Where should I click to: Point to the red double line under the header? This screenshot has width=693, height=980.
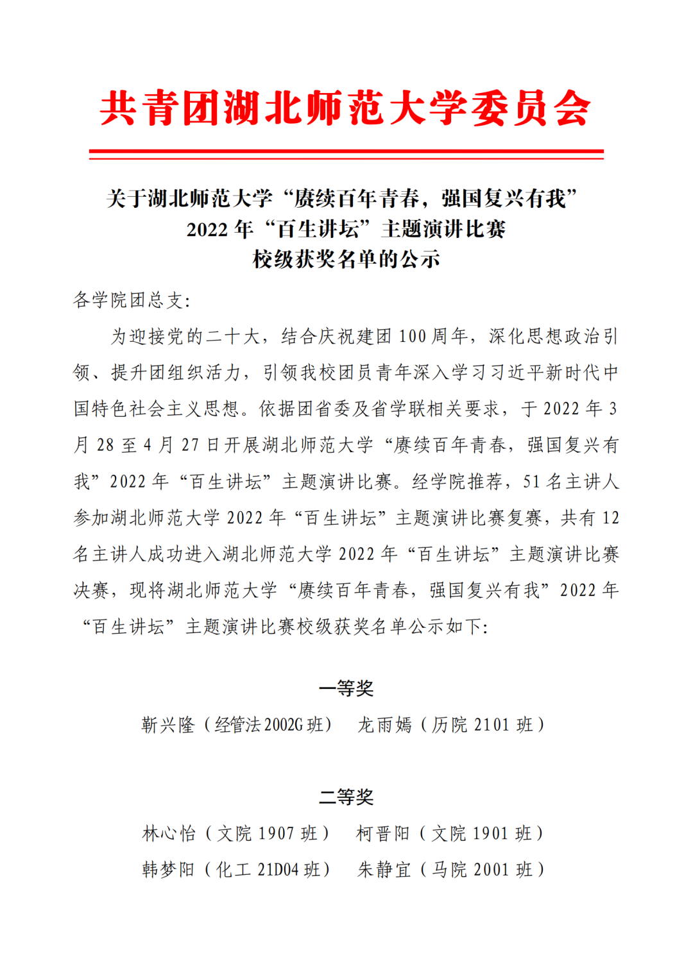tap(346, 154)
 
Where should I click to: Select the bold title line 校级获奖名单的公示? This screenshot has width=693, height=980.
tap(346, 259)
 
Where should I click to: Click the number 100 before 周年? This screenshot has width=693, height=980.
tap(413, 336)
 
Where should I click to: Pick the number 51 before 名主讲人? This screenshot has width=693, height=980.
tap(531, 481)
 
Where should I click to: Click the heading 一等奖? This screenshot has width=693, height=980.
tap(346, 688)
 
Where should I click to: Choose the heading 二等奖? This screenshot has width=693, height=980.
tap(346, 797)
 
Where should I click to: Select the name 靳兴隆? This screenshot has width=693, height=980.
tap(168, 725)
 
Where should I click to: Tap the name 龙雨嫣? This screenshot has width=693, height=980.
tap(384, 725)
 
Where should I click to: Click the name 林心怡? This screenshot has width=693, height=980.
tap(169, 833)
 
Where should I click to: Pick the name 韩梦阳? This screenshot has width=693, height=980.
tap(168, 870)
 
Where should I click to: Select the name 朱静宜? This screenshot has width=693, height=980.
tap(384, 870)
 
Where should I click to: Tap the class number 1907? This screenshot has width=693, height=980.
tap(276, 833)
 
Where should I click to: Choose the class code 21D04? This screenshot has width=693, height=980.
tap(278, 870)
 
